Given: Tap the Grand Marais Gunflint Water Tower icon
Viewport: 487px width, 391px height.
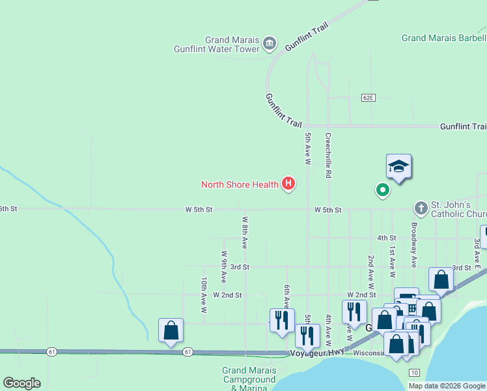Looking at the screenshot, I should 270,44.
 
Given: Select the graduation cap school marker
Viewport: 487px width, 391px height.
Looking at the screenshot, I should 398,167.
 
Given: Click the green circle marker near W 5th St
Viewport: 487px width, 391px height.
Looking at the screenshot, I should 383,190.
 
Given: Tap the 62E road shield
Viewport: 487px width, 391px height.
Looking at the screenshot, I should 369,97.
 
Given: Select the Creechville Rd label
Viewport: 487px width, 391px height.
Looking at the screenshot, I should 329,156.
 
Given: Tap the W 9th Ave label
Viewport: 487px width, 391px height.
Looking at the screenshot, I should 224,267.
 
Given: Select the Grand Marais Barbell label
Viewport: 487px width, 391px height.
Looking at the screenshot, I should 443,38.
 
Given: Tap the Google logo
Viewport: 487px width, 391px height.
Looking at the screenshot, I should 21,383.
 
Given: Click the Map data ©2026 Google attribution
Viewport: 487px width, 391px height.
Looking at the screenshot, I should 447,386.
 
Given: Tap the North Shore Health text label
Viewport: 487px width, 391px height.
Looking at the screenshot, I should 240,184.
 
